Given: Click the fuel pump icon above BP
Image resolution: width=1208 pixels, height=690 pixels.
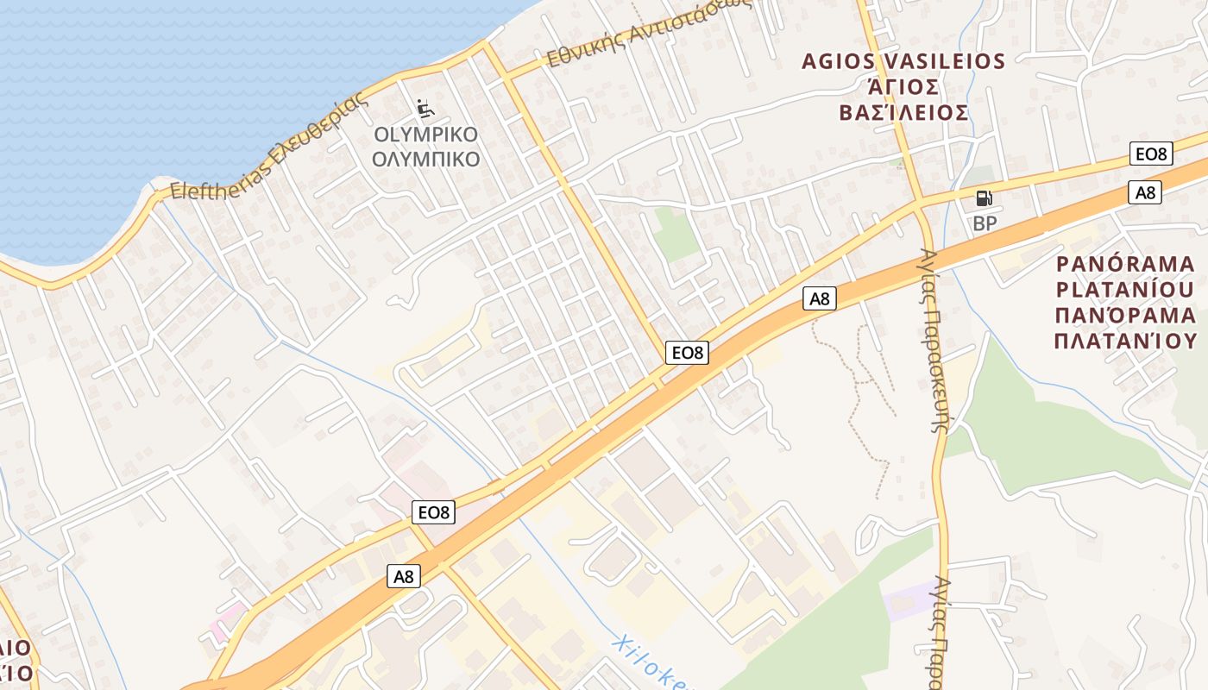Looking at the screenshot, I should tap(984, 198).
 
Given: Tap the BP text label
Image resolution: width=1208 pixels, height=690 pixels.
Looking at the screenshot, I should tap(985, 224).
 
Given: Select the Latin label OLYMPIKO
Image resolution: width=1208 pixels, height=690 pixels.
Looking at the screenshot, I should tap(425, 135).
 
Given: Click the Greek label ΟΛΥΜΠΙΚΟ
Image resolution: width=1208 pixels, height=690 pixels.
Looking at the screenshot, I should tap(425, 160).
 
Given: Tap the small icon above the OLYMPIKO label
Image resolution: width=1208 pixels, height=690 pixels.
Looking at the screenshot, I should tap(425, 109).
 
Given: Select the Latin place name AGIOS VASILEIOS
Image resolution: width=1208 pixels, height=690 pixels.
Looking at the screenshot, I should tap(903, 61).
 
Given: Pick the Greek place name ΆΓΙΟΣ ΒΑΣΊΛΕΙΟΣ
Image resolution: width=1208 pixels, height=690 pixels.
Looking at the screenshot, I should tap(903, 100).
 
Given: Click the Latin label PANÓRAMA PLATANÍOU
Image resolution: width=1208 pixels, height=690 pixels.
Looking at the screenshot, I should tap(1125, 276).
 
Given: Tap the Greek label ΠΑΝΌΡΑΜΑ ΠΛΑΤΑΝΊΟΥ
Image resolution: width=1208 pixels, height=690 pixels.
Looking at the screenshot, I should tap(1125, 328).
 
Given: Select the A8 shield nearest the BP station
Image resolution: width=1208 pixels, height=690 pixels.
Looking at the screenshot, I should tap(1145, 192).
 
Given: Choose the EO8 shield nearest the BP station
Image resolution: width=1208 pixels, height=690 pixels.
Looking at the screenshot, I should tap(1151, 154).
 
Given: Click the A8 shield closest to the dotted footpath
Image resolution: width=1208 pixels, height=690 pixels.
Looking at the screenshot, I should tap(819, 298).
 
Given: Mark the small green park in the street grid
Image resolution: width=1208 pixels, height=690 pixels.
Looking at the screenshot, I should tap(676, 234).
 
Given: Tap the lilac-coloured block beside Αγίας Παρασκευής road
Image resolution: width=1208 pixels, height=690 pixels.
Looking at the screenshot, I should tap(906, 599).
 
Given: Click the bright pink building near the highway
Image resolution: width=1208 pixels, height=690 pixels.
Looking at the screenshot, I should tap(227, 621).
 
